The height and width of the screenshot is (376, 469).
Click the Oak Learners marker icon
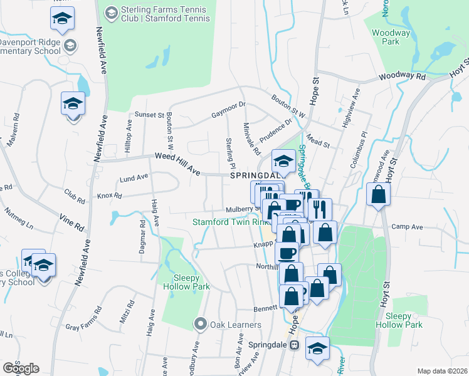(200, 324)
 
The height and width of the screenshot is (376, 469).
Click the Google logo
(21, 368)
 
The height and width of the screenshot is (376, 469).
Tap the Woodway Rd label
(402, 76)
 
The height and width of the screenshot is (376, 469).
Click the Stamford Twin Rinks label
(231, 222)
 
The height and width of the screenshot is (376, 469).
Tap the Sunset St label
(149, 115)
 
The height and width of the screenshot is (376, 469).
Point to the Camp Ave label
(404, 226)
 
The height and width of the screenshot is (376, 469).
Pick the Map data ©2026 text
(442, 371)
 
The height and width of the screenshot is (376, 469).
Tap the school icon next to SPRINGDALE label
(283, 162)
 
